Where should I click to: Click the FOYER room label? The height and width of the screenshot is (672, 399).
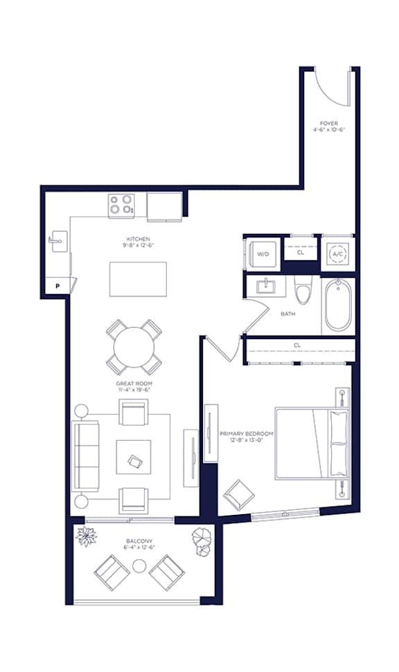pyautogui.click(x=329, y=123)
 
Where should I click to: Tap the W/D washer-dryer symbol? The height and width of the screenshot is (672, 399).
pyautogui.click(x=263, y=254)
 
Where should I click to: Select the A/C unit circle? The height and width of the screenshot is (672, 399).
pyautogui.click(x=337, y=254)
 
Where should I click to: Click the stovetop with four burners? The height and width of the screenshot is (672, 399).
pyautogui.click(x=121, y=204)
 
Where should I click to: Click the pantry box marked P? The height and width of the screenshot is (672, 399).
pyautogui.click(x=57, y=286)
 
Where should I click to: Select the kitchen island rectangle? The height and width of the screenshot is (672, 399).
pyautogui.click(x=138, y=279)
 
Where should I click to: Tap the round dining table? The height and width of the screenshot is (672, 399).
pyautogui.click(x=134, y=347)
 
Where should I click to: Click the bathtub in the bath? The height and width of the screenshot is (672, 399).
pyautogui.click(x=338, y=305)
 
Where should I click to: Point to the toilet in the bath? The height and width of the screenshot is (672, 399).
pyautogui.click(x=303, y=289)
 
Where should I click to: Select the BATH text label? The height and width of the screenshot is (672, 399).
pyautogui.click(x=288, y=314)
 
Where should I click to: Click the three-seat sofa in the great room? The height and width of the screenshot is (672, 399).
pyautogui.click(x=85, y=455)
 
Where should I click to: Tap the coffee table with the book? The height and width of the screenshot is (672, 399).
pyautogui.click(x=134, y=457)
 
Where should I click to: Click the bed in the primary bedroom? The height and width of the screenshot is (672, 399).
pyautogui.click(x=312, y=444)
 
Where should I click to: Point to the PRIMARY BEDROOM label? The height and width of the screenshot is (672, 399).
pyautogui.click(x=246, y=434)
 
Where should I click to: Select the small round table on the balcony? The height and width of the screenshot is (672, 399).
pyautogui.click(x=139, y=566)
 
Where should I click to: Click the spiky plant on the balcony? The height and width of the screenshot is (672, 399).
pyautogui.click(x=86, y=536)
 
